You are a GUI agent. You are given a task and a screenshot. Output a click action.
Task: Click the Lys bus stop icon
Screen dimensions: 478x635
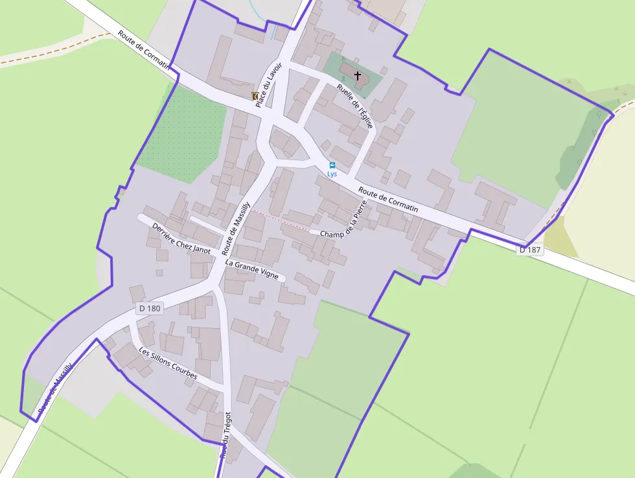point(332,165)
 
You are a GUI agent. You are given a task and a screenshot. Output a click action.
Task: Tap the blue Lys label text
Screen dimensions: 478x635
point(332,174)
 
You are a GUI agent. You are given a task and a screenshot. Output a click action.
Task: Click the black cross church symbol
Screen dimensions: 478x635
point(357,76)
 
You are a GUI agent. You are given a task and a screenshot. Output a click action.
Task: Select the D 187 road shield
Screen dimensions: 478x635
point(530,250)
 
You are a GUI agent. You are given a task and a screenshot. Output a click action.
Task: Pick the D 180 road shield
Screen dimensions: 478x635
point(149,309)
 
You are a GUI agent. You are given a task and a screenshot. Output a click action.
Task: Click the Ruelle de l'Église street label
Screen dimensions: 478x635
point(355,105)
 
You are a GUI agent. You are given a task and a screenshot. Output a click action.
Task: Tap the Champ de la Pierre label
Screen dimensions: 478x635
point(344,220)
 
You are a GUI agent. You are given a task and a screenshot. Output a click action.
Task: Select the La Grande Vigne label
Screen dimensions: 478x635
point(252,270)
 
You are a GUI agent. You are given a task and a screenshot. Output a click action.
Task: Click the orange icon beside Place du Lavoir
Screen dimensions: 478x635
point(255,96)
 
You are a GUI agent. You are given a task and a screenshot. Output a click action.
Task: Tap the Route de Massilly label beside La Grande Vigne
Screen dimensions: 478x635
point(236,228)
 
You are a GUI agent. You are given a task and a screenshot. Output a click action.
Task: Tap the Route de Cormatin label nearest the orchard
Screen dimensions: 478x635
point(144,49)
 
